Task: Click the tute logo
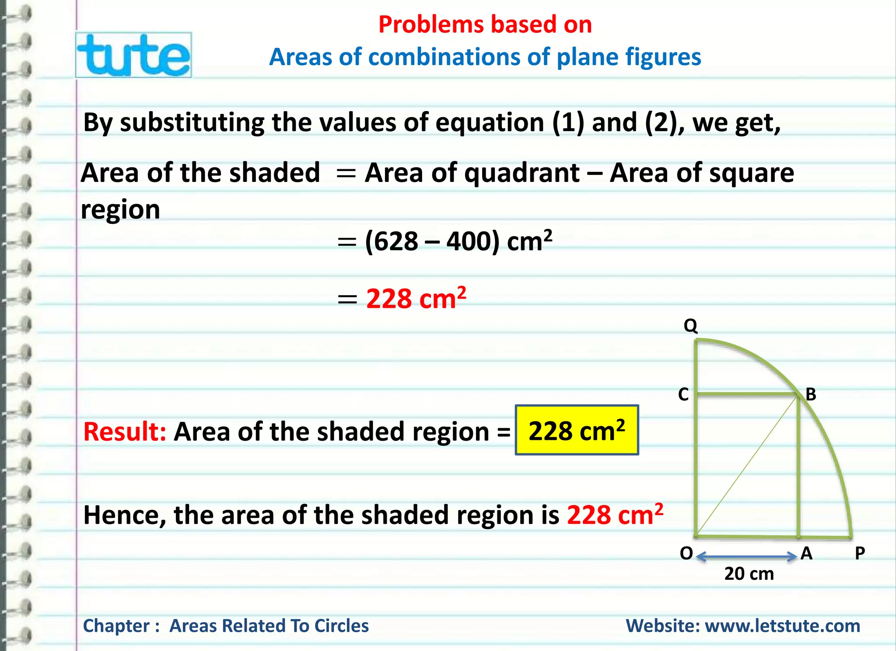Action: click(133, 55)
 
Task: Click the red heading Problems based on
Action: click(485, 24)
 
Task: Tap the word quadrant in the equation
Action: click(522, 173)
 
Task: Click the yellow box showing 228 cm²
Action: click(577, 430)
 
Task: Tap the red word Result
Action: click(124, 432)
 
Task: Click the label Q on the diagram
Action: click(690, 326)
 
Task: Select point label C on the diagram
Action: click(683, 394)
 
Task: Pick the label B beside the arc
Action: click(811, 394)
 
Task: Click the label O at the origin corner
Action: click(686, 554)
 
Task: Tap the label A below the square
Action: click(806, 554)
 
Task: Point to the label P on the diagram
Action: click(860, 554)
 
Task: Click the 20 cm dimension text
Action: click(749, 574)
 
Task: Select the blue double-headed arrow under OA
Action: click(746, 557)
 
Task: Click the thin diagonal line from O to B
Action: click(746, 466)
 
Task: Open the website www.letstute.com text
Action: click(782, 626)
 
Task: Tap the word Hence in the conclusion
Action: click(124, 515)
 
